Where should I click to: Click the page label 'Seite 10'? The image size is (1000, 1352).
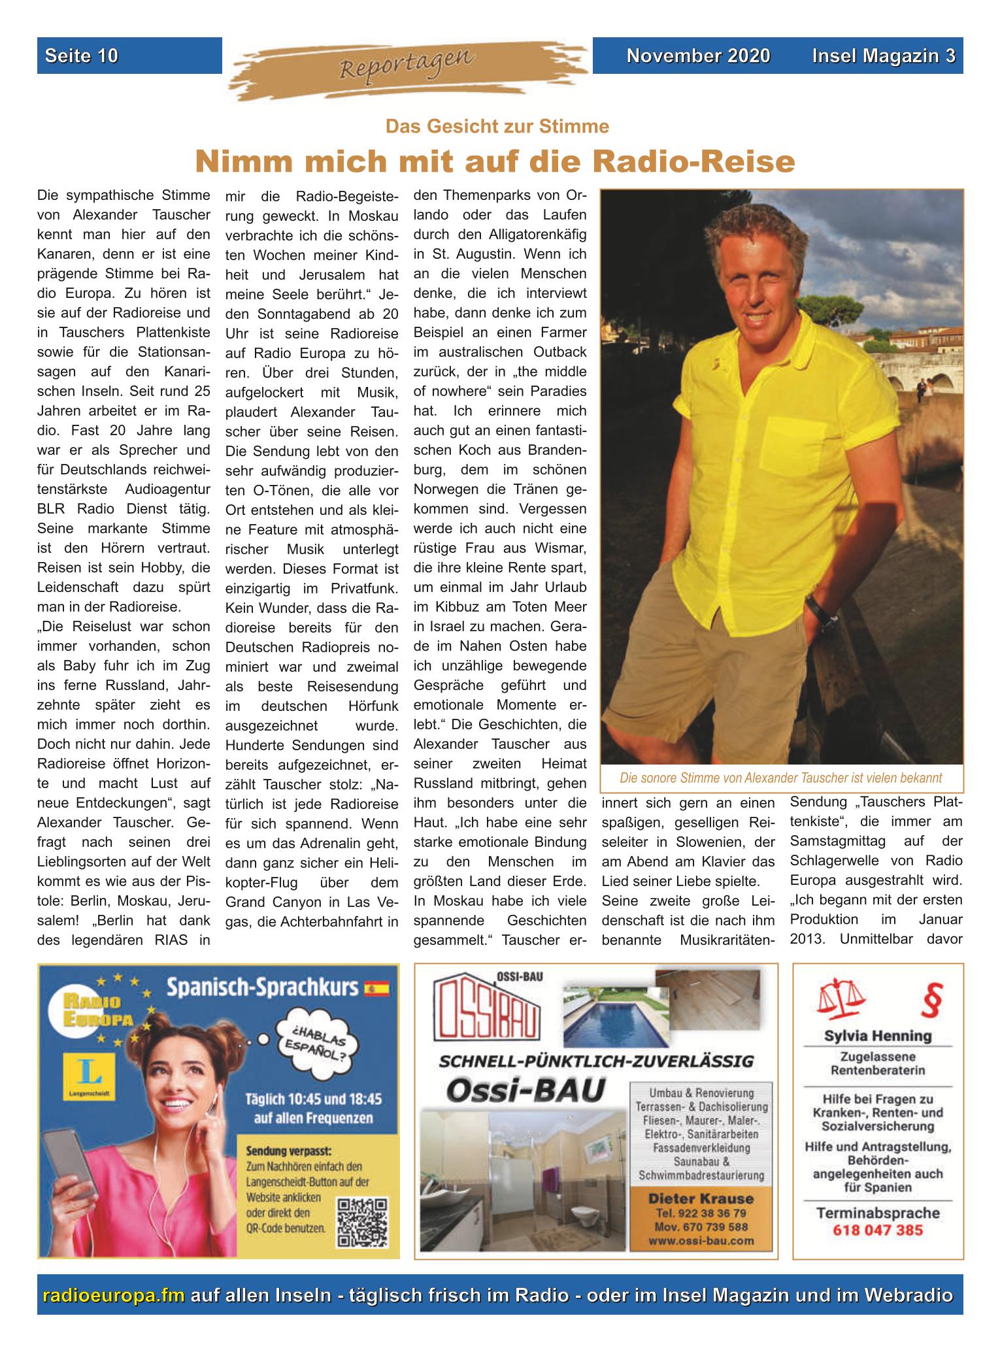(x=82, y=56)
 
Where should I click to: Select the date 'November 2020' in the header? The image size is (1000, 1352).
(x=698, y=56)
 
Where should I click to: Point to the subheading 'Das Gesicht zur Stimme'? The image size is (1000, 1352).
(x=497, y=126)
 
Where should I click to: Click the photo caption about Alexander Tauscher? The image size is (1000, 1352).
(x=781, y=778)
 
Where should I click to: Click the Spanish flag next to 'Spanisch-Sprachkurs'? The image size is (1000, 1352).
(x=376, y=987)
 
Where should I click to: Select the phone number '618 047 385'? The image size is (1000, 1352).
(x=877, y=1230)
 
